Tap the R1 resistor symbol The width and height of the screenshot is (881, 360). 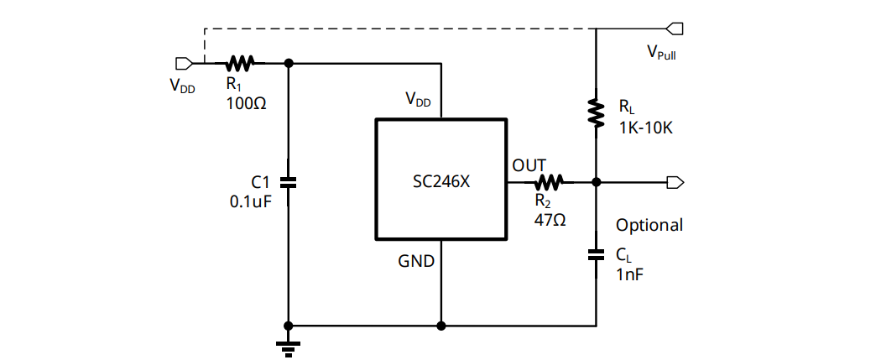click(242, 62)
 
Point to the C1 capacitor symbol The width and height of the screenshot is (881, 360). click(289, 181)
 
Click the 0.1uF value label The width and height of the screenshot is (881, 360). click(251, 201)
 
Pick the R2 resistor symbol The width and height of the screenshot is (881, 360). click(550, 181)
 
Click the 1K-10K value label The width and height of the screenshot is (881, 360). click(647, 128)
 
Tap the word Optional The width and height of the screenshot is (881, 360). click(649, 225)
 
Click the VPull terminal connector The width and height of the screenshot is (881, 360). click(675, 29)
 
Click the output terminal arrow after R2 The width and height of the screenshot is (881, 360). click(675, 182)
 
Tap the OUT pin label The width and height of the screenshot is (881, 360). click(529, 164)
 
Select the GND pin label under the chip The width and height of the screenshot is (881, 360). click(416, 262)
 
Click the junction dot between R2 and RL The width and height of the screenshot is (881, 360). click(596, 182)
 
